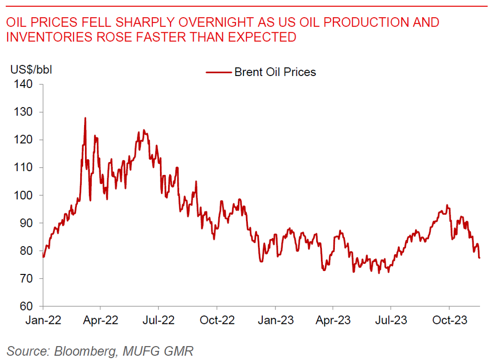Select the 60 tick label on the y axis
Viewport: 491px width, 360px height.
point(26,306)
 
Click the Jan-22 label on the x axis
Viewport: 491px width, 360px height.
point(44,320)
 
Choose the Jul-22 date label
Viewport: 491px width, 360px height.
point(158,320)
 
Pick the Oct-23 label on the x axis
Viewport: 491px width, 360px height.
point(449,320)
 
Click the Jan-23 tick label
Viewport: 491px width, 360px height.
point(275,320)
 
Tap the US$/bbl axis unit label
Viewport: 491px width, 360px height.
point(31,69)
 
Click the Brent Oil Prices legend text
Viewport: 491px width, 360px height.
point(275,72)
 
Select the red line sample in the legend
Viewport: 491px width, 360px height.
point(219,73)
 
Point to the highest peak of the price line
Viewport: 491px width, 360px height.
point(85,118)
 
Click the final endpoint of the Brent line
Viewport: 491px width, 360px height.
point(479,258)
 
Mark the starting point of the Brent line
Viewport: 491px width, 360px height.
point(43,257)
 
